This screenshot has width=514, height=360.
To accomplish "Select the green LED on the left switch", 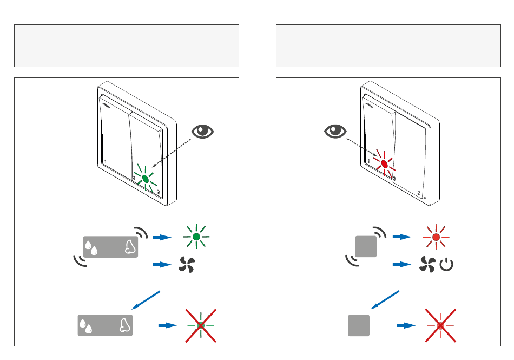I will click(x=146, y=178).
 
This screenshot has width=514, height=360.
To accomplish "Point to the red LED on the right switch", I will click(x=384, y=163).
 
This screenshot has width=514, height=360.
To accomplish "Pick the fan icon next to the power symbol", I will click(x=427, y=265).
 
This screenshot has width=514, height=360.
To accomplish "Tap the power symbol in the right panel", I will click(x=446, y=265).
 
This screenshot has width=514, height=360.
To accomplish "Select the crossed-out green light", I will click(x=201, y=326).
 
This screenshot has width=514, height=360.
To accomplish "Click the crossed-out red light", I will click(x=440, y=326).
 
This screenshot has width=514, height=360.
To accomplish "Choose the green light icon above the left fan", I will click(x=196, y=237).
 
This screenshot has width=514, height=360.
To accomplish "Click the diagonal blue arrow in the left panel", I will click(x=147, y=299).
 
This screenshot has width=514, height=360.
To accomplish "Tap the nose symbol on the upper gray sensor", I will click(x=129, y=247).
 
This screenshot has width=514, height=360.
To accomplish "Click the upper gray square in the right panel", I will click(x=365, y=247).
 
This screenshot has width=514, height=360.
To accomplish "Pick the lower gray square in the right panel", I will click(x=358, y=325).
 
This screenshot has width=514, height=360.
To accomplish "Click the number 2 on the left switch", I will click(x=159, y=192).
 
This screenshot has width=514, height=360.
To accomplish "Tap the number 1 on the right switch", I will click(x=368, y=161).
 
